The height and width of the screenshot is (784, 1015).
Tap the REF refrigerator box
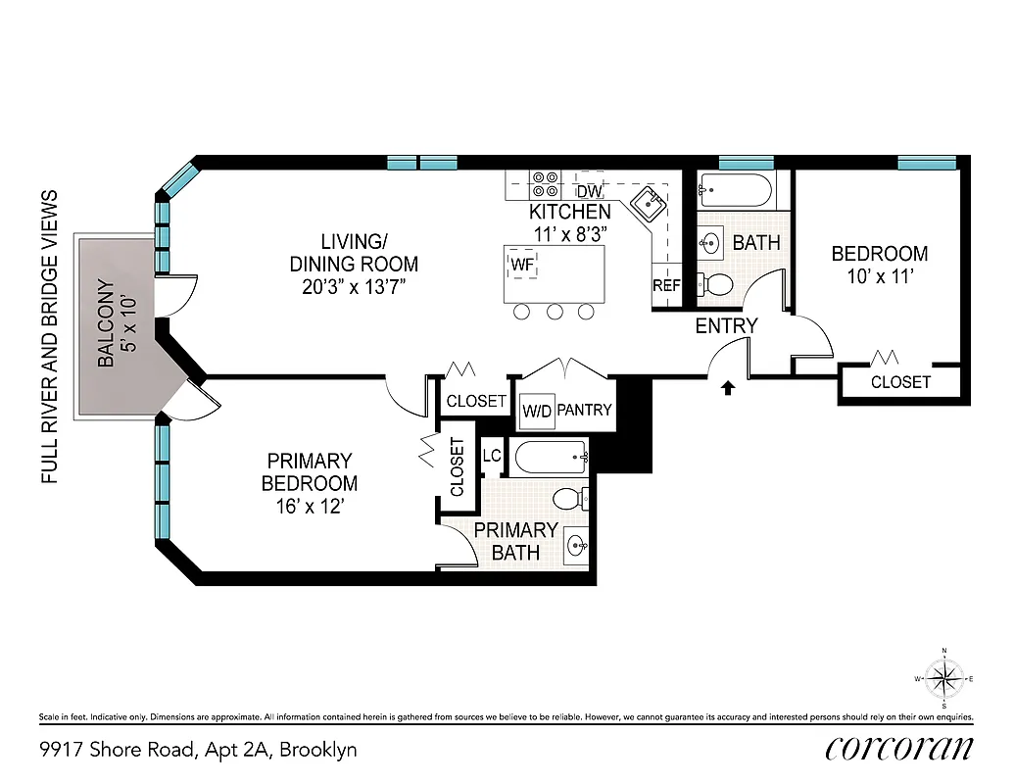tap(666, 286)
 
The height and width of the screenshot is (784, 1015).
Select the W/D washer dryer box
tap(536, 410)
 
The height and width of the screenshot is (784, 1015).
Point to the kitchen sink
tap(648, 205)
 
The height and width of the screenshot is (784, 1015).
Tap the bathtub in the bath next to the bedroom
tap(735, 190)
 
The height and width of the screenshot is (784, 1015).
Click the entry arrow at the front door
tap(728, 388)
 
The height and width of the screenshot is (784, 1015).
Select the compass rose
tap(943, 677)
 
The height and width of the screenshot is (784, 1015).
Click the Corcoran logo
tap(898, 748)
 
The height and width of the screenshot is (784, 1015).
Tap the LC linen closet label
tap(492, 455)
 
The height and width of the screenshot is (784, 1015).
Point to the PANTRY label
tap(584, 410)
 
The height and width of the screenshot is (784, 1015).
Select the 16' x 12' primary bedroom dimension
tap(309, 507)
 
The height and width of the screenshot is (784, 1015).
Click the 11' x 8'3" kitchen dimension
tap(570, 234)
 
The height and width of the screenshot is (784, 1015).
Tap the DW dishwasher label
tap(588, 192)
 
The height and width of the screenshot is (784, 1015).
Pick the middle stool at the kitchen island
tap(555, 313)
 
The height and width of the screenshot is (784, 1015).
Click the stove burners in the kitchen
tap(545, 185)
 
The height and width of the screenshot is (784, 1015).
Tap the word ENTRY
tap(726, 326)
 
